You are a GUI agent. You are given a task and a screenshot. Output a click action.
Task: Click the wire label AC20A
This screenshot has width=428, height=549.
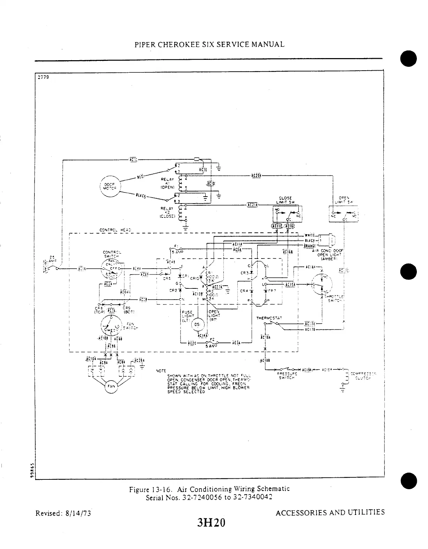pyautogui.click(x=256, y=175)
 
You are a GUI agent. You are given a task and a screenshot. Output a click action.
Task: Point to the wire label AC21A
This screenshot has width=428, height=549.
pyautogui.click(x=252, y=205)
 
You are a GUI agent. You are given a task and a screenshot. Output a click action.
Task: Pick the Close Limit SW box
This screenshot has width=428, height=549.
pyautogui.click(x=287, y=214)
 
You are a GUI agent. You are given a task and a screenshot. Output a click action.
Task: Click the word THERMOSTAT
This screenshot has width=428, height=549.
pyautogui.click(x=269, y=318)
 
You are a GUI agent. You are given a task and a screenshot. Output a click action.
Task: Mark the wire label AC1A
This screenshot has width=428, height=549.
pyautogui.click(x=82, y=269)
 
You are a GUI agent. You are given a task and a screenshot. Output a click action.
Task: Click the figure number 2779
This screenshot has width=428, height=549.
pyautogui.click(x=44, y=77)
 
